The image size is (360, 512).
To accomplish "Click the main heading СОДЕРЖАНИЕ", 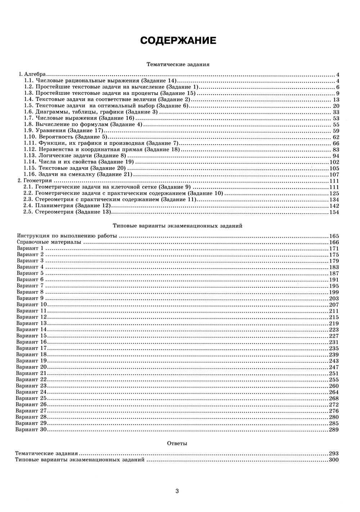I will point(178,40).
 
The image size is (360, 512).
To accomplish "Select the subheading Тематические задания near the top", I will point(178,64).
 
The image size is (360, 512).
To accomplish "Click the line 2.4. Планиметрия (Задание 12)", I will point(73,206).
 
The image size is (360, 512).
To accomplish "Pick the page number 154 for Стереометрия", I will point(334,212).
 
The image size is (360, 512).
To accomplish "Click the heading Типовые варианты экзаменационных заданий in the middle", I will point(177,226).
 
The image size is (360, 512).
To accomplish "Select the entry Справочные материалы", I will point(49,242).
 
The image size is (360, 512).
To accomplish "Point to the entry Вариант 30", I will point(31,430).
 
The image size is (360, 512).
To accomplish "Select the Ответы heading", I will point(177,444).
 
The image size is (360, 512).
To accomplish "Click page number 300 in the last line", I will point(334,460).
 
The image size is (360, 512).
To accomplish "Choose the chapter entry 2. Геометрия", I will point(35,181).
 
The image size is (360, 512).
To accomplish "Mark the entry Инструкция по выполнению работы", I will point(67,236).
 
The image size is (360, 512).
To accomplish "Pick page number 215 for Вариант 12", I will point(334,317).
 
